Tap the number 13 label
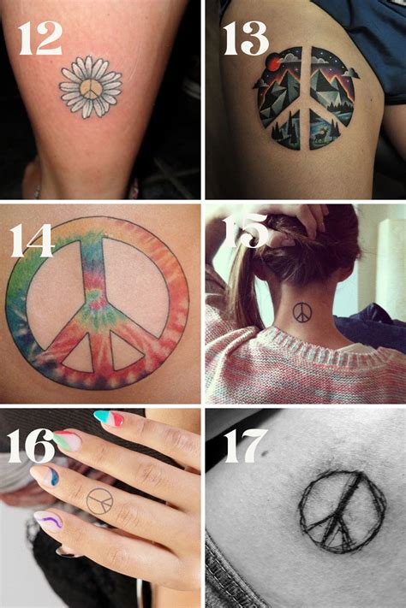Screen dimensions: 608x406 pos(245,38)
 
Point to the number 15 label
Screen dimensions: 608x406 pos(247,231)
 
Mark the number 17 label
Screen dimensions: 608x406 pos(247,446)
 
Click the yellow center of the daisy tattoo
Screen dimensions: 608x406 pos(91,89)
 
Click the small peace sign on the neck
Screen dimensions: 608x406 pos(302,313)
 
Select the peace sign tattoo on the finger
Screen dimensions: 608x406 pos(100,500)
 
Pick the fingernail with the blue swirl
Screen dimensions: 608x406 pos(49,475)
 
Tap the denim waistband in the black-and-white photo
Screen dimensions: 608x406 pos(224,581)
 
